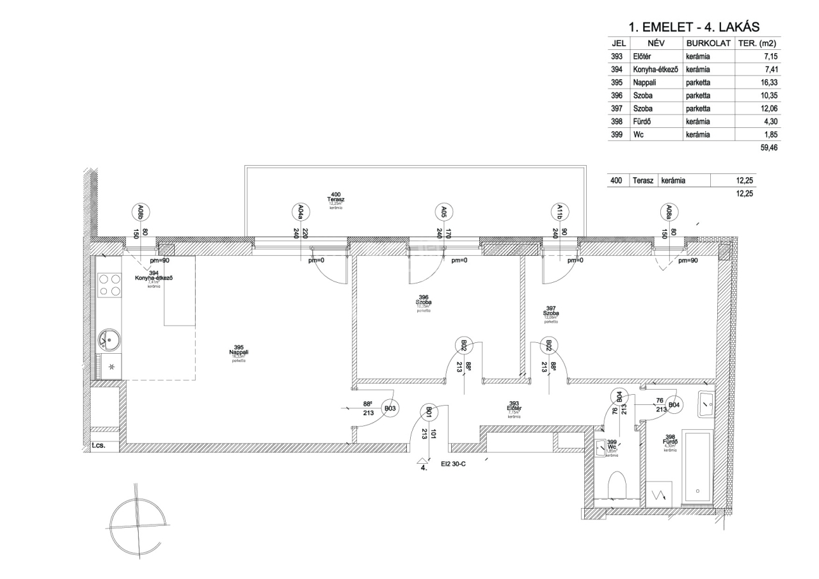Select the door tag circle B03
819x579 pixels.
coord(390,408)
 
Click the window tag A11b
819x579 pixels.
coord(560,211)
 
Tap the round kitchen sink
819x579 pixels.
coord(110,339)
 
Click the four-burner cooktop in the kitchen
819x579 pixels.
coord(109,284)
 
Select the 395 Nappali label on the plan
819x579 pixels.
coord(238,353)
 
